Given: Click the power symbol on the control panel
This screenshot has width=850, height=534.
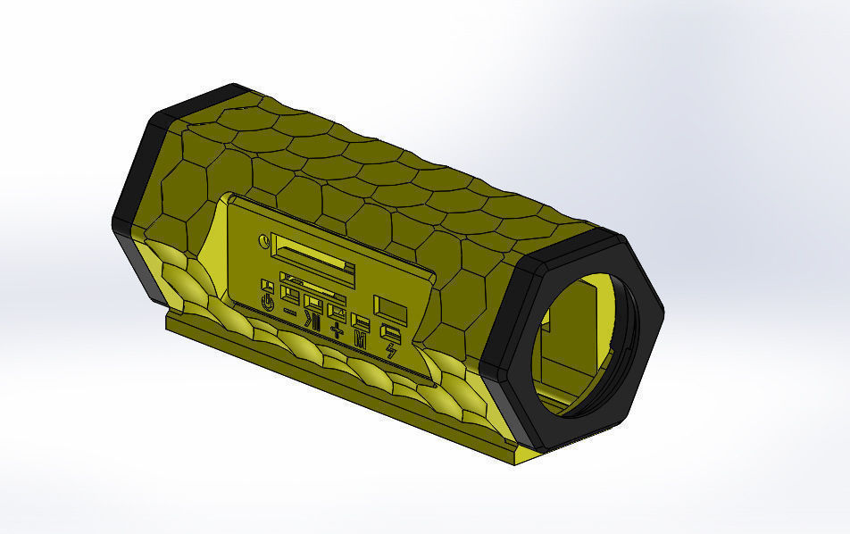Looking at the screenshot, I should click(267, 303).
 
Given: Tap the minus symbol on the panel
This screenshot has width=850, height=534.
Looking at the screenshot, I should click(290, 312).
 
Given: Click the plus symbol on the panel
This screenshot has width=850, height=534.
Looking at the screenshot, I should click(337, 332).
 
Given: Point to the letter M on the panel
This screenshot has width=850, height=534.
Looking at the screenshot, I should click(361, 341).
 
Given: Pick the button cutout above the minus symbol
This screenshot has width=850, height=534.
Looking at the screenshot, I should click(290, 293).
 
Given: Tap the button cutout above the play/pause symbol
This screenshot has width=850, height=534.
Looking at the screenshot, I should click(312, 302).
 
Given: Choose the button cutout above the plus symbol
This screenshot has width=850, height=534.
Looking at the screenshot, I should click(337, 312).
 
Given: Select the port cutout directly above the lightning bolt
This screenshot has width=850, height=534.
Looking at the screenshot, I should click(390, 331).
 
